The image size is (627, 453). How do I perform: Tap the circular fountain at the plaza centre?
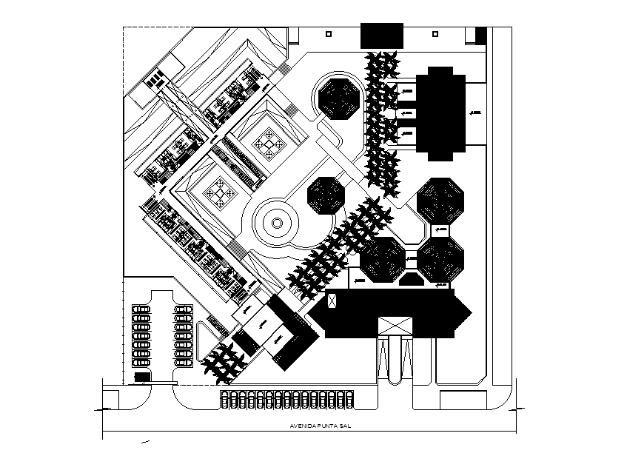click(x=275, y=222)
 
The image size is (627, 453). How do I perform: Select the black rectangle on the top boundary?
click(x=381, y=36)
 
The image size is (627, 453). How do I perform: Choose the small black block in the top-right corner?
click(x=480, y=35)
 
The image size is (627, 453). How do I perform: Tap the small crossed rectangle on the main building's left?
click(x=332, y=301)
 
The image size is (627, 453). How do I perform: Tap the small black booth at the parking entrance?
click(x=141, y=378)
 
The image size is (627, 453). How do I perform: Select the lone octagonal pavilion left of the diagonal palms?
click(x=326, y=196)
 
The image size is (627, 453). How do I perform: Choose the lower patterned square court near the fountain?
click(x=220, y=192)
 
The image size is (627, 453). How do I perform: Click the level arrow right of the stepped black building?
click(x=475, y=113)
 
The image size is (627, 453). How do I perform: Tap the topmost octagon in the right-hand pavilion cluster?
click(x=441, y=199)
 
